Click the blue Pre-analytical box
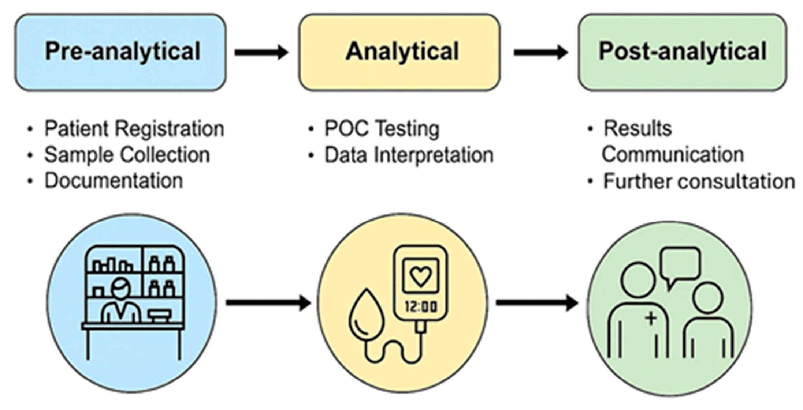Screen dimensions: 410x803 pyautogui.click(x=120, y=52)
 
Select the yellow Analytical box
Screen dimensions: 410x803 pyautogui.click(x=399, y=52)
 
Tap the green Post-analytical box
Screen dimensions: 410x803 pyautogui.click(x=682, y=52)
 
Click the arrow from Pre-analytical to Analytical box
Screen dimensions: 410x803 pyautogui.click(x=261, y=53)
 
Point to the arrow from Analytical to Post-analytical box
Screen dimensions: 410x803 pyautogui.click(x=540, y=53)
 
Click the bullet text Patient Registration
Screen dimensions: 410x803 pyautogui.click(x=134, y=129)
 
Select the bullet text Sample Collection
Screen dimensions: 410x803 pyautogui.click(x=127, y=155)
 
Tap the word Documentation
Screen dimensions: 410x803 pyautogui.click(x=114, y=181)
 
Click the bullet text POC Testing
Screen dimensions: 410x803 pyautogui.click(x=382, y=129)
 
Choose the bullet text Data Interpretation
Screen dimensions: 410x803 pyautogui.click(x=409, y=155)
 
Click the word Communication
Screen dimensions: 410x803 pyautogui.click(x=673, y=155)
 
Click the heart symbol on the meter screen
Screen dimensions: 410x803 pyautogui.click(x=420, y=276)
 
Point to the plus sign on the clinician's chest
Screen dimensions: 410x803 pyautogui.click(x=651, y=318)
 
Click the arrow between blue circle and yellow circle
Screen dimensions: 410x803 pyautogui.click(x=268, y=303)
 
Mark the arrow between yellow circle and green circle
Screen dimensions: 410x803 pyautogui.click(x=537, y=303)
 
